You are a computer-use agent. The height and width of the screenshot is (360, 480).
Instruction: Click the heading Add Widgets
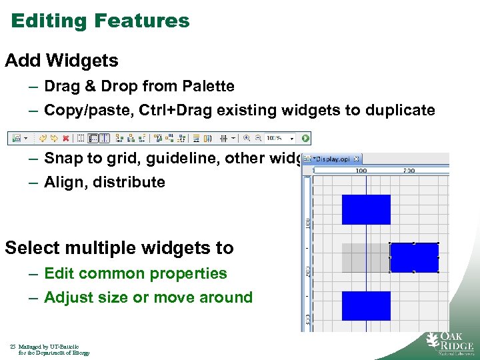[x=61, y=61]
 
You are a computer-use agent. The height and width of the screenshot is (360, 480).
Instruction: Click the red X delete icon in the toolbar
[x=65, y=139]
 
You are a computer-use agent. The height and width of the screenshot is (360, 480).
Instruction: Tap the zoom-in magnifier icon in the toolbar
[x=247, y=139]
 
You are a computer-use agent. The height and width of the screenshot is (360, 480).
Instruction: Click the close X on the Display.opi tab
[x=357, y=159]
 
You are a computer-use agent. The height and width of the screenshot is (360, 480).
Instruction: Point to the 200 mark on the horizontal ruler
[x=408, y=171]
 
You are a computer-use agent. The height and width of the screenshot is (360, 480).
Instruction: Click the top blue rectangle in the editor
[x=366, y=209]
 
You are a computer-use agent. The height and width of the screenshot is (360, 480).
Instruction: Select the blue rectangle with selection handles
[x=414, y=257]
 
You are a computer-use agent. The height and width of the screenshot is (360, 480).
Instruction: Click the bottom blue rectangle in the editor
[x=366, y=305]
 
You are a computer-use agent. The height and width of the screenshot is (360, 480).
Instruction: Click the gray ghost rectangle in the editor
[x=365, y=257]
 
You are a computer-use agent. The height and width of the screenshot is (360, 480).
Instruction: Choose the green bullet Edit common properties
[x=135, y=273]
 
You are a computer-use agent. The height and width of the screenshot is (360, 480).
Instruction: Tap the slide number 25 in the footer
[x=13, y=347]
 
